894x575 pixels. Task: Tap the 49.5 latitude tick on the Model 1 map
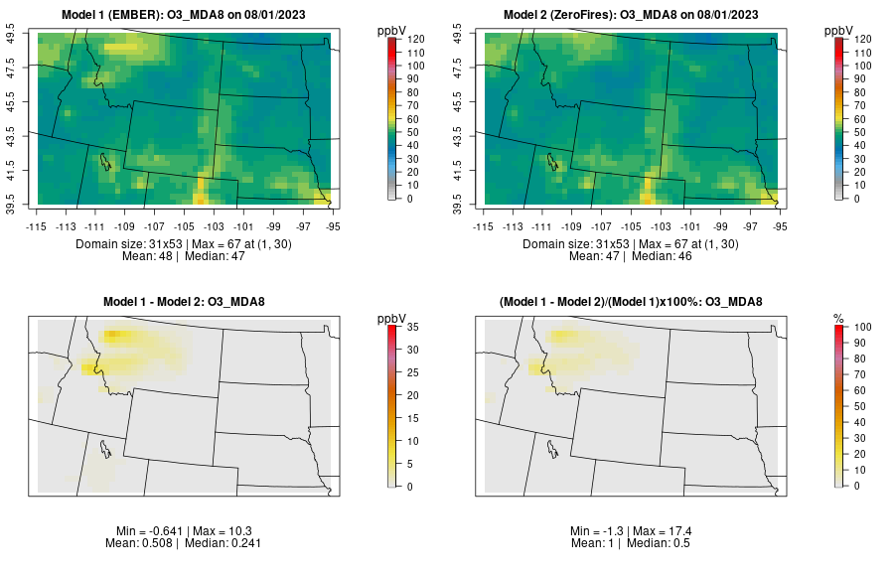14,36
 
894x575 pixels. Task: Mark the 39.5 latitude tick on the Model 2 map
460,202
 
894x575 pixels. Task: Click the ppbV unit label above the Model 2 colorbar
840,31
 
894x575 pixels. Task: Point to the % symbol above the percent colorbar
839,318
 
